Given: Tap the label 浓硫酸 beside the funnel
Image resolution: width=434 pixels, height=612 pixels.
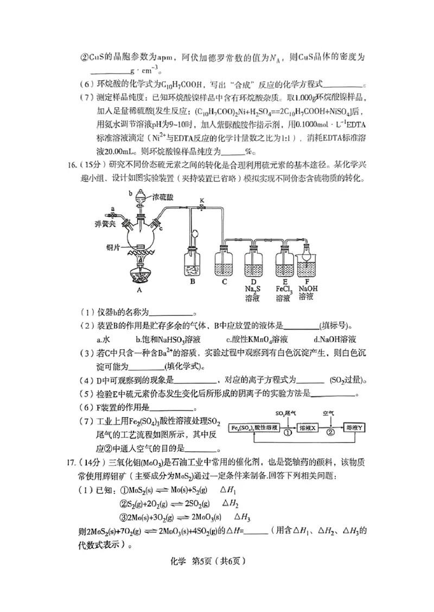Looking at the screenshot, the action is pos(163,198).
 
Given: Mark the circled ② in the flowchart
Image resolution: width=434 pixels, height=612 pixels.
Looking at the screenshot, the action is pos(331,433).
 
